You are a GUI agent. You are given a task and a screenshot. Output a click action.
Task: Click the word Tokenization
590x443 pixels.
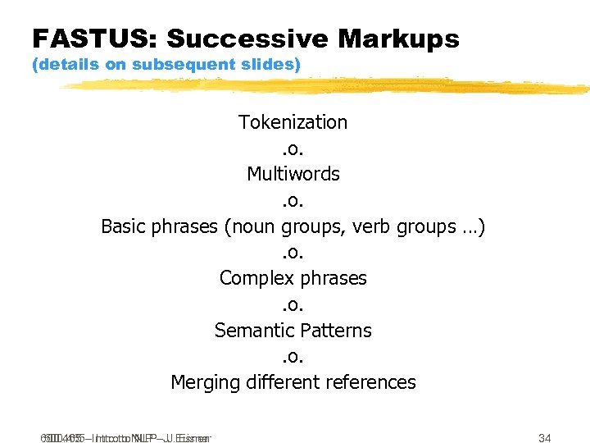click(293, 122)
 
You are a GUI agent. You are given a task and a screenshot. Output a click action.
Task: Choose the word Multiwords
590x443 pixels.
click(293, 174)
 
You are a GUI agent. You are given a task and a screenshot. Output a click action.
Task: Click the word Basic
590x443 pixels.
click(125, 226)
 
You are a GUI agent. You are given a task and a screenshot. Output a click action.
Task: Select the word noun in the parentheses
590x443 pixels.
click(250, 226)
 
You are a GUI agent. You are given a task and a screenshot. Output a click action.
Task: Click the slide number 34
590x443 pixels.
click(544, 437)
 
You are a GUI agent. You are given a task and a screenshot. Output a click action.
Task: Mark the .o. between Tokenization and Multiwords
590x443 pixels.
click(293, 148)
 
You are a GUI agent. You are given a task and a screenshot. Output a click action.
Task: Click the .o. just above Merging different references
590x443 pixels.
click(293, 357)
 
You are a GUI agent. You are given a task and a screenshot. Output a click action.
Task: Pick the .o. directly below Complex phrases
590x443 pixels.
click(293, 304)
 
